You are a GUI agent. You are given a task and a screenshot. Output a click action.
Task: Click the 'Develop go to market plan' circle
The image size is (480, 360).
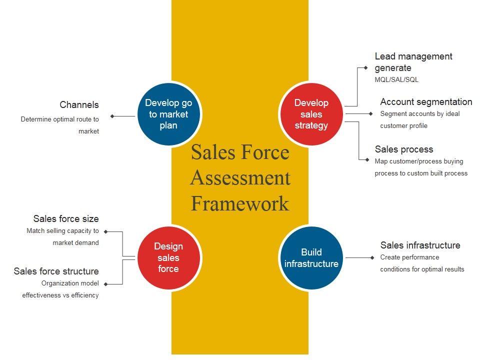(x=168, y=114)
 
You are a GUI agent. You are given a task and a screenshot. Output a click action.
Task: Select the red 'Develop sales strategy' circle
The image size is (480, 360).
(x=311, y=114)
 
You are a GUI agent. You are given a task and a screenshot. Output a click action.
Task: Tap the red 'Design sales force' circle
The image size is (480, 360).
(x=168, y=257)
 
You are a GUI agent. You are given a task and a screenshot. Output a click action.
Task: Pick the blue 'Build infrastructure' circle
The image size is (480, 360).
(x=311, y=257)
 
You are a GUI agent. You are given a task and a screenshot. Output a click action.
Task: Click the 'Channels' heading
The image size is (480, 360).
(x=79, y=105)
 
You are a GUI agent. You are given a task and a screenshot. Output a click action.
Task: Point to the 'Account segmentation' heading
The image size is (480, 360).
(x=426, y=102)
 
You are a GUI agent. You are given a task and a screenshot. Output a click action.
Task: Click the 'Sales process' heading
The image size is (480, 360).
(x=404, y=149)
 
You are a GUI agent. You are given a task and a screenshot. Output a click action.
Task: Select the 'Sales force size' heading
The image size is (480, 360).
(x=66, y=218)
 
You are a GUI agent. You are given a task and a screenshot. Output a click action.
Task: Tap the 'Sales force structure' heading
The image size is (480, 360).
(x=56, y=271)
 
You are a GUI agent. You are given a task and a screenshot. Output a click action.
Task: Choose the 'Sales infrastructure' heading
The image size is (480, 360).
(x=420, y=245)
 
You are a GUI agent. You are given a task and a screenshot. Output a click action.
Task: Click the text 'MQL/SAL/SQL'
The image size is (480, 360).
(x=396, y=80)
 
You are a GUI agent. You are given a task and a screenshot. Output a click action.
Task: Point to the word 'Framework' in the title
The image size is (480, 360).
(x=240, y=203)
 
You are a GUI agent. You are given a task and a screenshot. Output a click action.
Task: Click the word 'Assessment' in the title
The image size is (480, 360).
(x=240, y=177)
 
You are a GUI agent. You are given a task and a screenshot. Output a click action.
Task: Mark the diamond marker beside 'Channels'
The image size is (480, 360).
(x=112, y=116)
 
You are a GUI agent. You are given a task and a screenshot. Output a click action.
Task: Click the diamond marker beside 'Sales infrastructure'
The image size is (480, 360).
(x=372, y=257)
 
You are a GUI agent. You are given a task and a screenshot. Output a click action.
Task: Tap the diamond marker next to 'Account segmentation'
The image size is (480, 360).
(x=370, y=114)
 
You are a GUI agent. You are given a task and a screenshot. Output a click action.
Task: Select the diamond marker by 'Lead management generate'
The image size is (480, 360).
(x=365, y=67)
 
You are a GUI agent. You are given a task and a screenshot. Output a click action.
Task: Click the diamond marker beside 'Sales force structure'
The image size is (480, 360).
(x=105, y=284)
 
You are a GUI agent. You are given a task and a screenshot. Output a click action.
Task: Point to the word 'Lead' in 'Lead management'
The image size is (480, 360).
(x=384, y=56)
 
